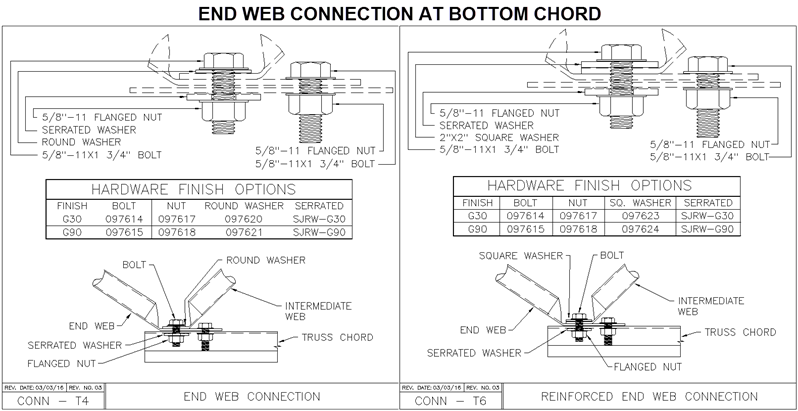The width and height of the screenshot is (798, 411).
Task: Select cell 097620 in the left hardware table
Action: point(233,218)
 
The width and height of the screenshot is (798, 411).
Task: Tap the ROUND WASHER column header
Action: point(233,204)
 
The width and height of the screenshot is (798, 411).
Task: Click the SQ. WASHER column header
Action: point(634,201)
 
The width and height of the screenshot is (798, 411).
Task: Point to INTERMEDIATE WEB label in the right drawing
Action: point(711,306)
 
